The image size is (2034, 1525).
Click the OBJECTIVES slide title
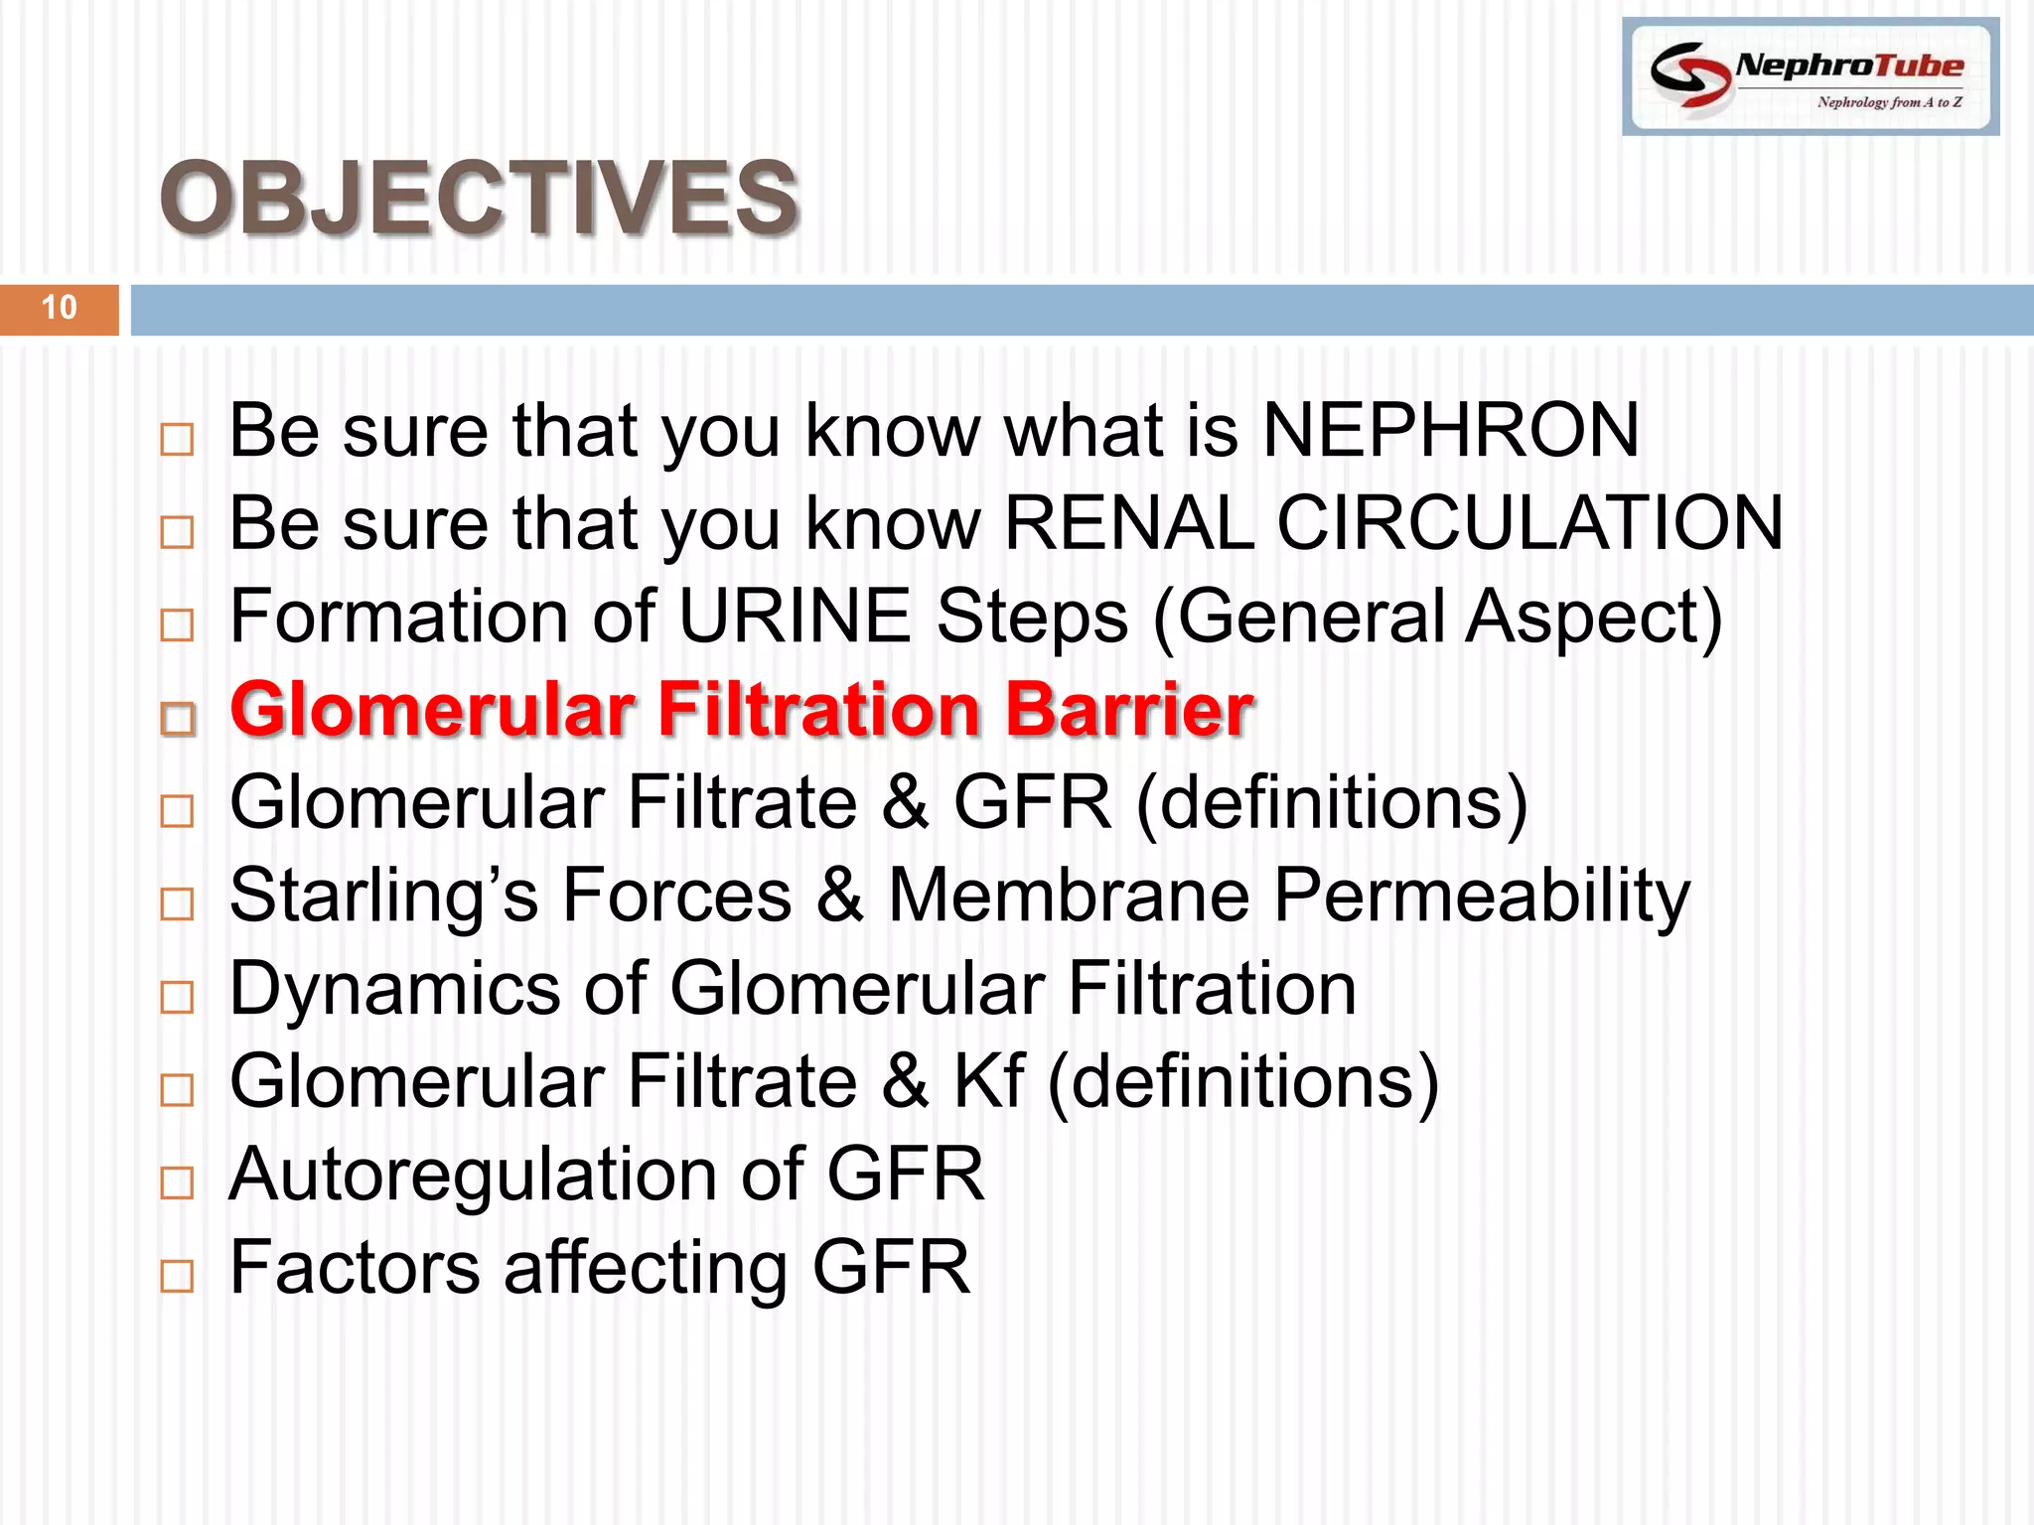pos(479,199)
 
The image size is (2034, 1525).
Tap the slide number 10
pos(60,308)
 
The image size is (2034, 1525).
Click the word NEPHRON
pos(1450,431)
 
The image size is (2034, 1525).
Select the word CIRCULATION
pos(1529,523)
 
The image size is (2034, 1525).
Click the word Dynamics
pos(394,990)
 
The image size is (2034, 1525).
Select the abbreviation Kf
pos(988,1081)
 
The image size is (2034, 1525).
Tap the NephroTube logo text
pos(1849,66)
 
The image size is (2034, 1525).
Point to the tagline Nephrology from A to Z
pos(1889,102)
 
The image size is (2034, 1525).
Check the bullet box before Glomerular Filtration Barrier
pos(178,718)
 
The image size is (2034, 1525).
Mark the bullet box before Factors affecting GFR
pos(177,1275)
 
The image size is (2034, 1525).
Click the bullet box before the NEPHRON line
pos(177,439)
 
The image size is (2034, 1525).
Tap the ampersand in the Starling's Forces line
pos(840,896)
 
